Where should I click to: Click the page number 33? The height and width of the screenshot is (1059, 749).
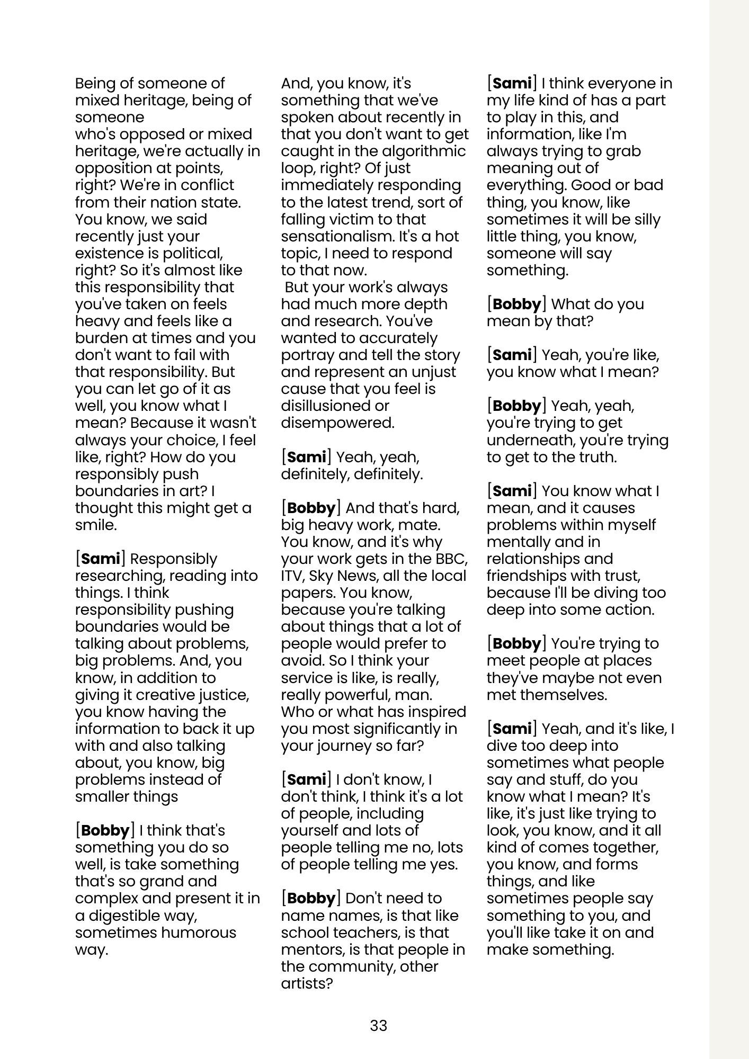(378, 1026)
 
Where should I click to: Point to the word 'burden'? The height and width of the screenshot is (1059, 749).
(99, 338)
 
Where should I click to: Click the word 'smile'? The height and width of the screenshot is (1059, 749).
(94, 525)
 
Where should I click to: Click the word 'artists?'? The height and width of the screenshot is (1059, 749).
(306, 983)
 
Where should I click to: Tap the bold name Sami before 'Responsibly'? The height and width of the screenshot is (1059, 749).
(101, 559)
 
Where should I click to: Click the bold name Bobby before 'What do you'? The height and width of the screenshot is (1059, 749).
(516, 304)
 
